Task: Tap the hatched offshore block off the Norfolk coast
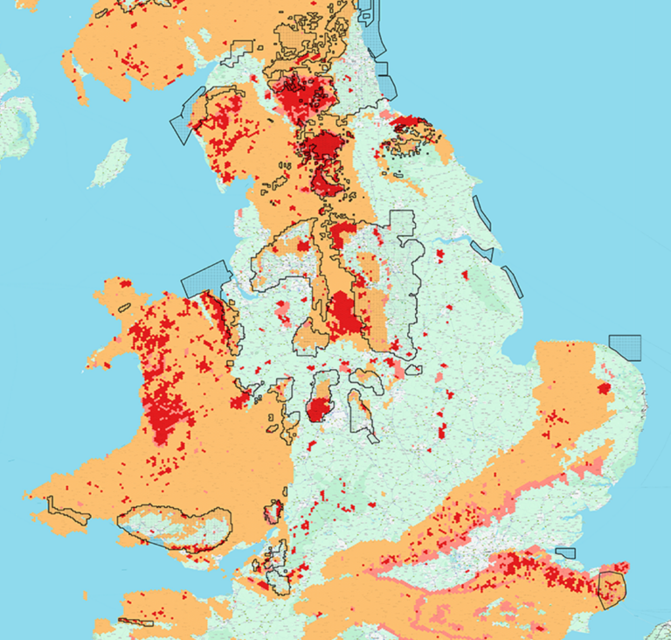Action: pos(625,347)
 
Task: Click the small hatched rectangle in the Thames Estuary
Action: pos(566,552)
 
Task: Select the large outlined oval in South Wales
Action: pos(175,527)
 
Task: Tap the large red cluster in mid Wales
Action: pos(166,411)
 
